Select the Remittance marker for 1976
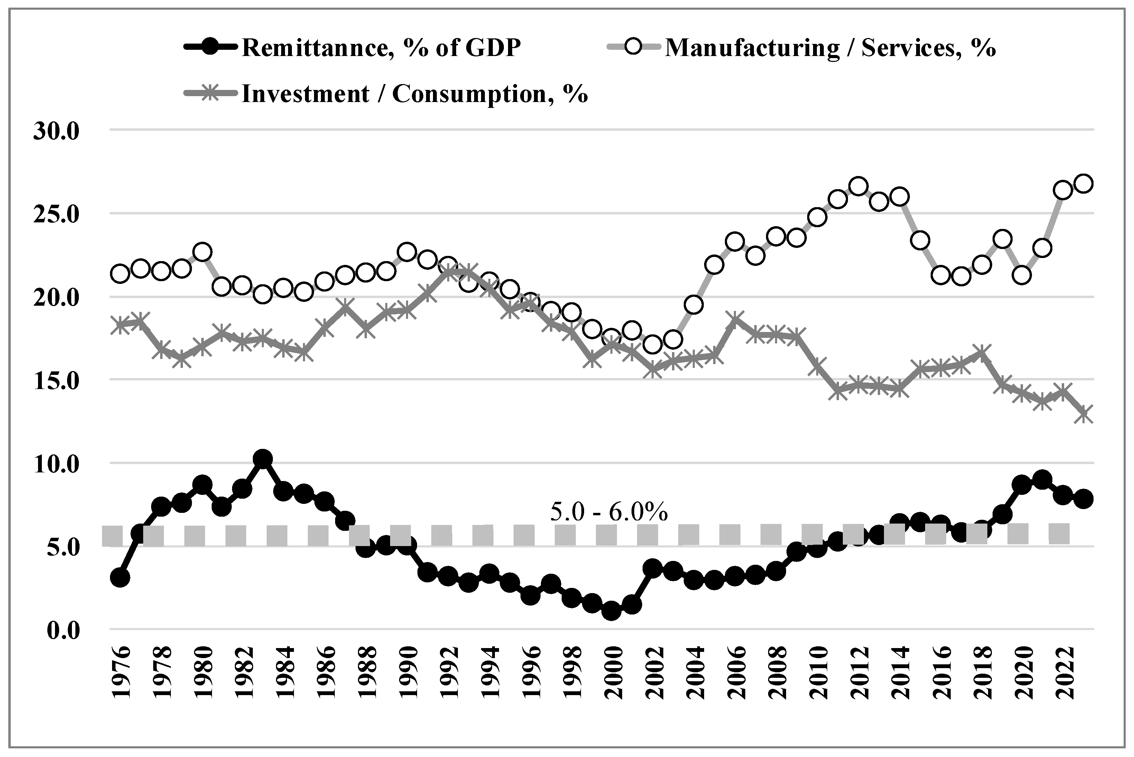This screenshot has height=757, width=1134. click(120, 578)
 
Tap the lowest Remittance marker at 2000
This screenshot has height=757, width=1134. click(611, 611)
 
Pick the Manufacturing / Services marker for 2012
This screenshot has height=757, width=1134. click(858, 186)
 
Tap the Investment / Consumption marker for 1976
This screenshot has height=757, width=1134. click(120, 325)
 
